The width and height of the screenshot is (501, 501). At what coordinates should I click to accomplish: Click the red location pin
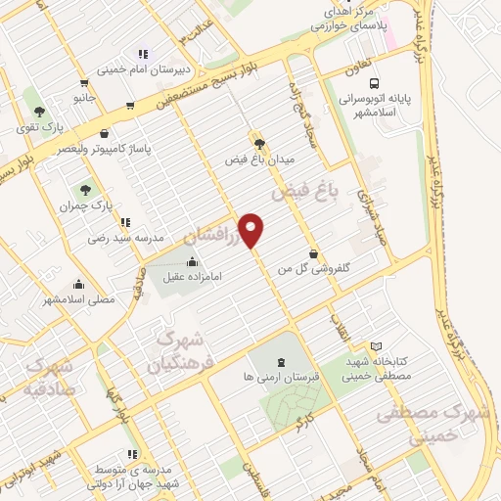251,229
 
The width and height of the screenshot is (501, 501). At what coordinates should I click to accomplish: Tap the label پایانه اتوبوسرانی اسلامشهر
379,106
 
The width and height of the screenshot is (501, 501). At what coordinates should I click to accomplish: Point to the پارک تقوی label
45,126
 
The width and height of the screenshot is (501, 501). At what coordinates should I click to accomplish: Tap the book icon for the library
378,345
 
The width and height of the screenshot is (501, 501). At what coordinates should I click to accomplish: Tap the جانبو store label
85,99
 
